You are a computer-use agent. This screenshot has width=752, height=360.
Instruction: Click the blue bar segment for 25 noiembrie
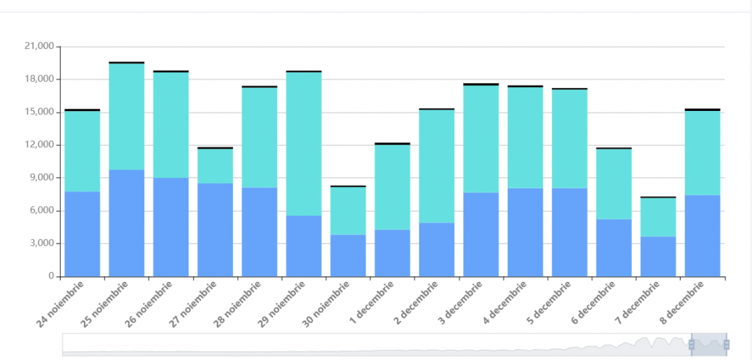126,223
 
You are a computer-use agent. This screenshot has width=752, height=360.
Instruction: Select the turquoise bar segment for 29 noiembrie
303,144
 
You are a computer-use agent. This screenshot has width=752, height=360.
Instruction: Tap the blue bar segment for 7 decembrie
658,256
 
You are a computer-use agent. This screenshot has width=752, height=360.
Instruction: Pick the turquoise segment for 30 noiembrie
348,211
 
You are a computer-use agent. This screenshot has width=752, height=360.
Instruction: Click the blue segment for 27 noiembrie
215,230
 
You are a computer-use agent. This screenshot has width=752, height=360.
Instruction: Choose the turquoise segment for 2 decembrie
437,166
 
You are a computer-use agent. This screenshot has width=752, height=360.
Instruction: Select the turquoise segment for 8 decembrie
702,153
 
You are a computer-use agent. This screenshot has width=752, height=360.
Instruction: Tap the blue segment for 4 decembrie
525,232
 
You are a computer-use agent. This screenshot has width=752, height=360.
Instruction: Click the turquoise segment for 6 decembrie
614,184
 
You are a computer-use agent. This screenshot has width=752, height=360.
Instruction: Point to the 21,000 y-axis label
39,47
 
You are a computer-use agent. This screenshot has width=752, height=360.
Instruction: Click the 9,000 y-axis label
42,178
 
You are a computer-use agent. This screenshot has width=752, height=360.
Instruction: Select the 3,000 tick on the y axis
42,243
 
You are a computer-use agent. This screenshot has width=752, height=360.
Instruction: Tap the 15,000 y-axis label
39,112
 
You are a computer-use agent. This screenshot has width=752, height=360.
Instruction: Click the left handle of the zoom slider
691,344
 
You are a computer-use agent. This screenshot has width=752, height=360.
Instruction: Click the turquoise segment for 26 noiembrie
171,125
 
